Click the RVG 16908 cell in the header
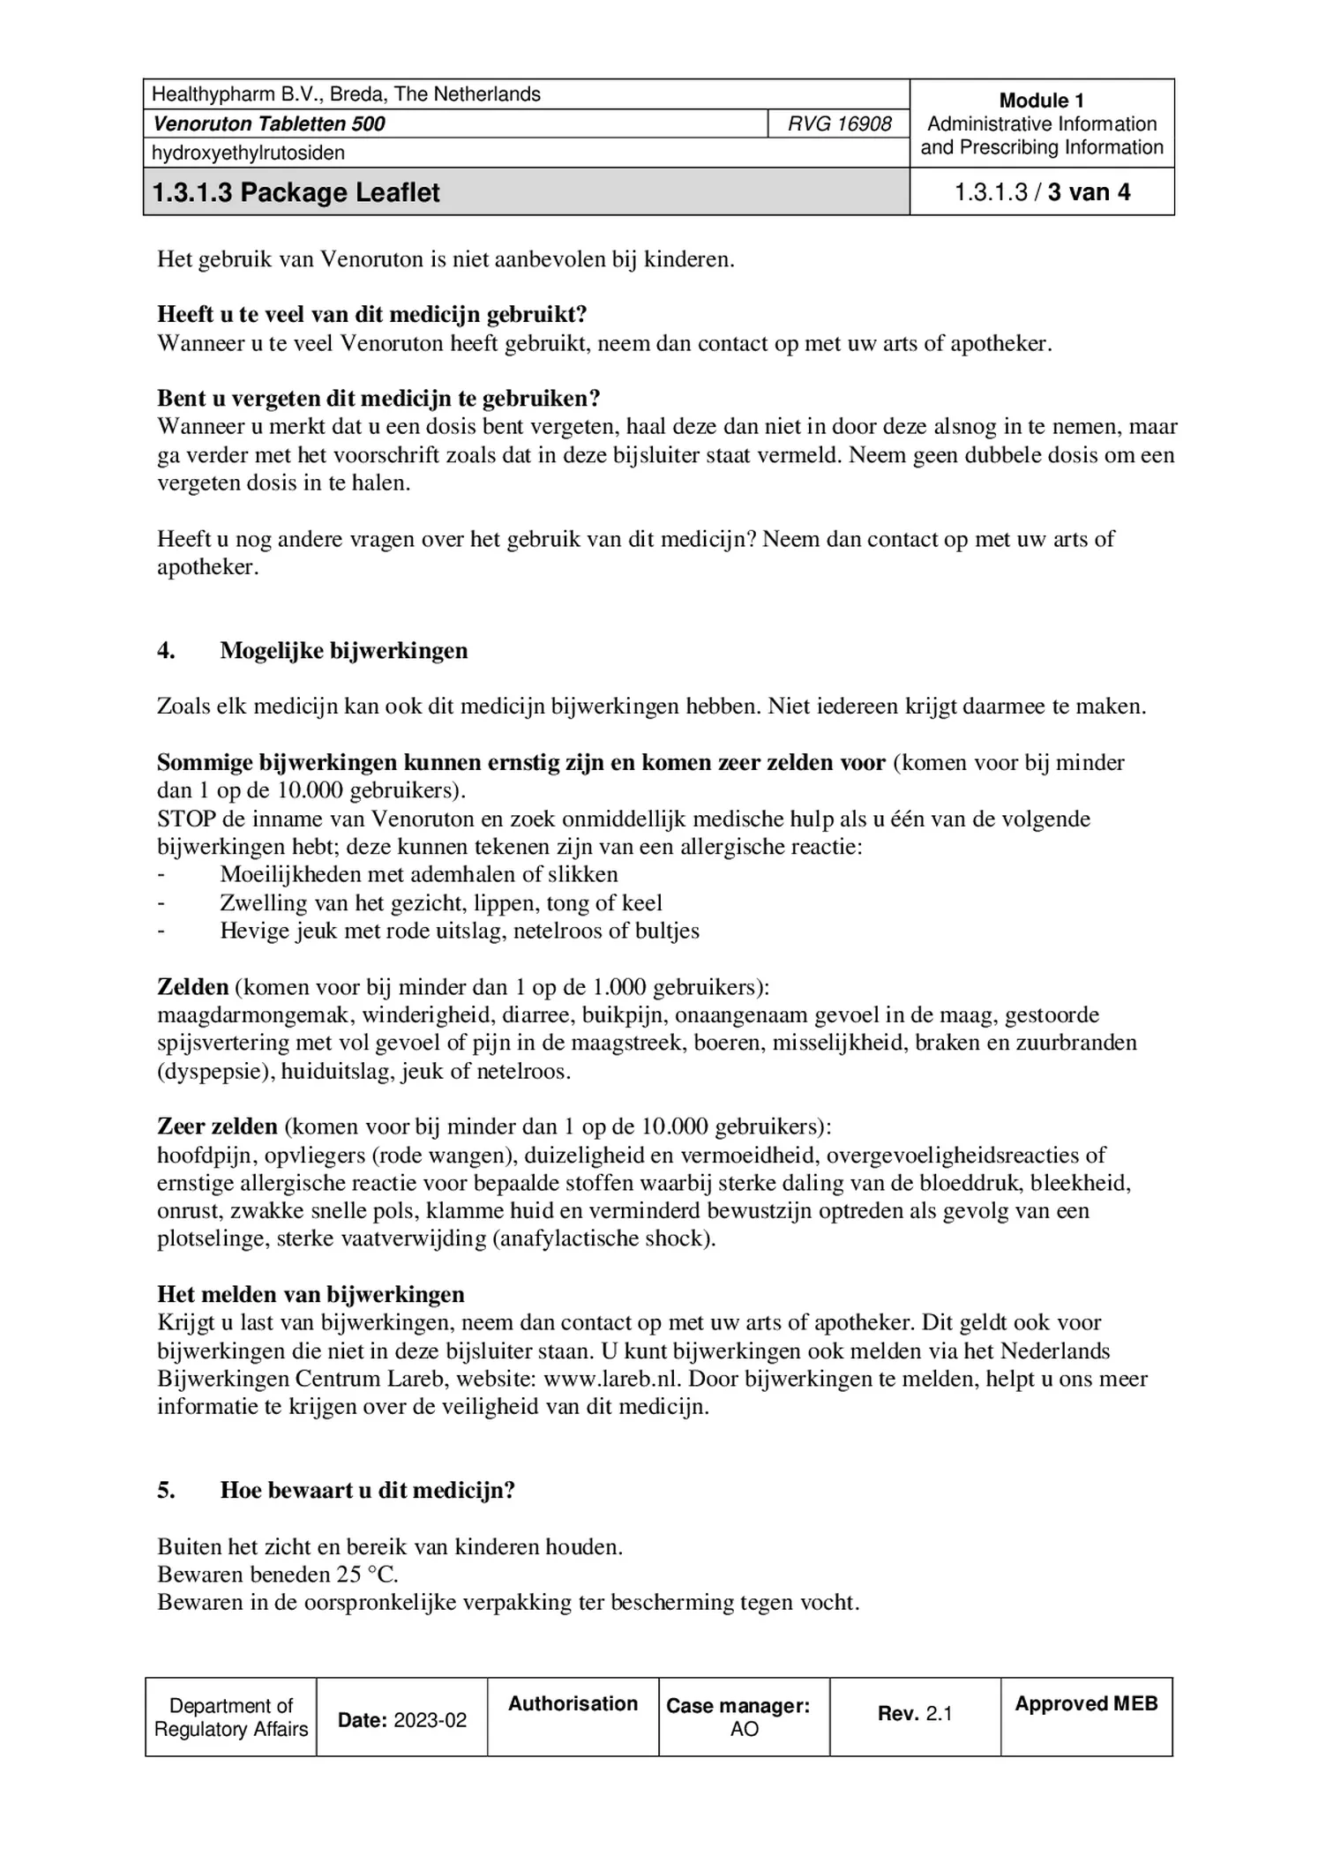839,123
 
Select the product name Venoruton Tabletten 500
269,123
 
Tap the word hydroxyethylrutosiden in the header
248,153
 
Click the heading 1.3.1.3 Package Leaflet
296,192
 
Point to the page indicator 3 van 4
1089,192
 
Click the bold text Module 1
1041,101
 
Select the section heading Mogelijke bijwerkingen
343,650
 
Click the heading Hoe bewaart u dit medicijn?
367,1490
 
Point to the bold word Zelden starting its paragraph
192,986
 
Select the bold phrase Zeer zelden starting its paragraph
217,1126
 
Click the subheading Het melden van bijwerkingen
311,1294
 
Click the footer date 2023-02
430,1720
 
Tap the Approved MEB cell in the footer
1086,1704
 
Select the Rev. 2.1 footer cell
915,1713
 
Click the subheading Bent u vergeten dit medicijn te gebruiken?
378,398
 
